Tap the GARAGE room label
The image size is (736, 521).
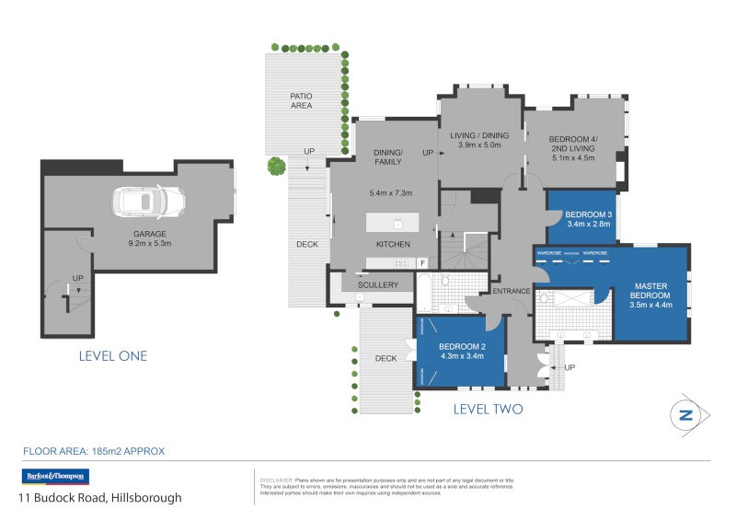coord(149,234)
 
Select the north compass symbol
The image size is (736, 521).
coord(684,415)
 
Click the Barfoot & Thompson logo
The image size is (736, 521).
coord(55,476)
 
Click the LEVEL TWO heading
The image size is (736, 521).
coord(488,409)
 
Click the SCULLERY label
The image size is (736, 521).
coord(378,285)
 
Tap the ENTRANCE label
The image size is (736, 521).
coord(511,292)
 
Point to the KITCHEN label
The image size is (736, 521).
coord(393,244)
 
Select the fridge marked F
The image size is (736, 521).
coord(422,263)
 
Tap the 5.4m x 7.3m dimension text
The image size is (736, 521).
coord(390,192)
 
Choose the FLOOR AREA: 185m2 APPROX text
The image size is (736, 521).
coord(93,451)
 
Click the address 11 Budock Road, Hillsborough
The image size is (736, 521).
coord(101,498)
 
